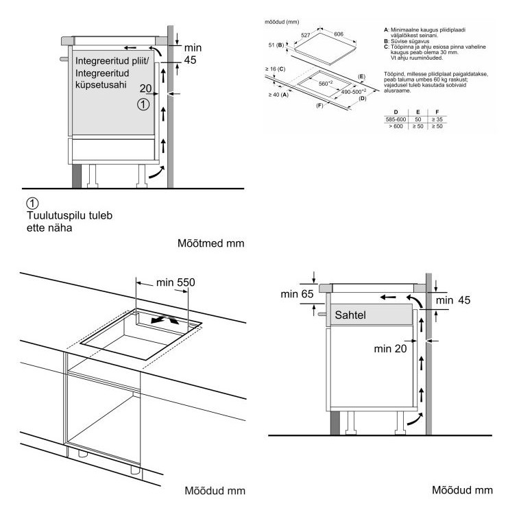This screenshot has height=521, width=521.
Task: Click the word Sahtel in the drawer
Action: [x=352, y=316]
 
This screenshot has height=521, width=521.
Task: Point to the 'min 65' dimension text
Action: [x=296, y=294]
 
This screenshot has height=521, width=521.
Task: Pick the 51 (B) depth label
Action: [x=276, y=46]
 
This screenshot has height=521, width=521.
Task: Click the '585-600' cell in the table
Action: [x=396, y=119]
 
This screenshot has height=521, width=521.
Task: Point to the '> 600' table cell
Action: [x=396, y=126]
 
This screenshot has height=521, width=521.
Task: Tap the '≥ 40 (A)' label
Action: [x=277, y=95]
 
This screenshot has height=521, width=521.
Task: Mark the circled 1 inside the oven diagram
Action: [x=143, y=104]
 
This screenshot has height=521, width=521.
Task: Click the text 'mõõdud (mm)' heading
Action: [x=280, y=22]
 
